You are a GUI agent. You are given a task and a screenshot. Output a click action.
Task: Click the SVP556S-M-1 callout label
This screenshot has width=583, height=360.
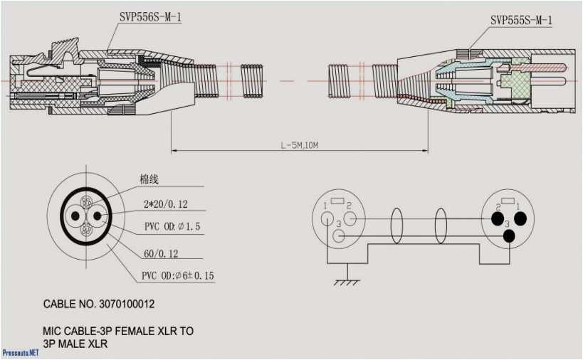[x=149, y=14]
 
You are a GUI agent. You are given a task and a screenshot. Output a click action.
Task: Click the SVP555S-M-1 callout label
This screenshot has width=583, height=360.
[x=520, y=20]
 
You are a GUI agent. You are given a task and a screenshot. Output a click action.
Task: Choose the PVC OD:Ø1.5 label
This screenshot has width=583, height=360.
[x=172, y=226]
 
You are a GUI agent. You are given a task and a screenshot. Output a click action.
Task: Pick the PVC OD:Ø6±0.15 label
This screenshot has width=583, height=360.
[x=177, y=275]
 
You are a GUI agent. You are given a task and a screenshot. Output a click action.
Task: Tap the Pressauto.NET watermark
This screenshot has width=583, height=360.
[x=20, y=352]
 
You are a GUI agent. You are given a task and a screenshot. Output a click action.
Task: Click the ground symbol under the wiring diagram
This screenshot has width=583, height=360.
[x=347, y=281]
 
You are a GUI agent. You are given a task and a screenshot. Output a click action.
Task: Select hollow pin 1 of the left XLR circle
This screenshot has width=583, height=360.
[x=327, y=217]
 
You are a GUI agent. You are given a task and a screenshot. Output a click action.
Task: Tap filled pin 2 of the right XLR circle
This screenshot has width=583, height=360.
[x=498, y=218]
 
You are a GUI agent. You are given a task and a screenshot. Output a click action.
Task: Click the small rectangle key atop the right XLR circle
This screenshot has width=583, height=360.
[x=508, y=200]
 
